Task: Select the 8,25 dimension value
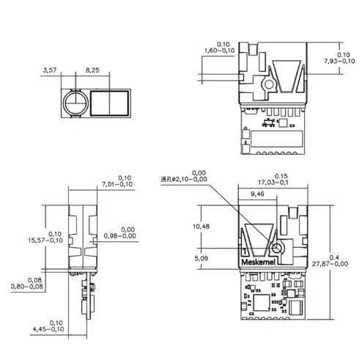pos(93,70)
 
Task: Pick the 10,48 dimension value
pos(209,226)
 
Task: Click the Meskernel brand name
pos(259,261)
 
